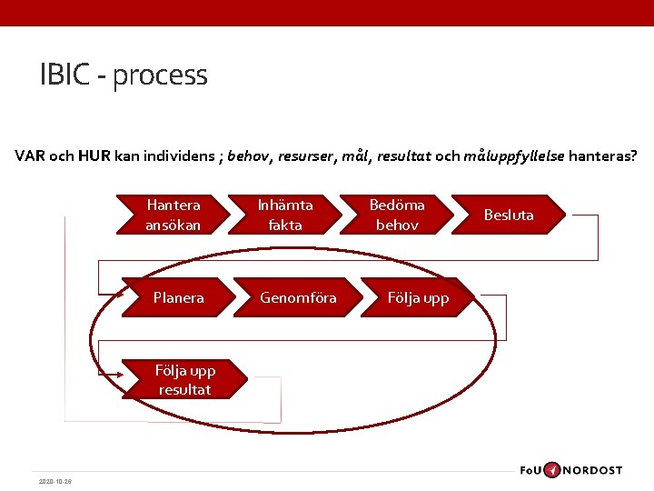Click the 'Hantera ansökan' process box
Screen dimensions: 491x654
tap(173, 215)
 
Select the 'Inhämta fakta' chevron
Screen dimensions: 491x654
tap(285, 215)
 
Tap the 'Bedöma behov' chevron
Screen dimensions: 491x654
tap(397, 215)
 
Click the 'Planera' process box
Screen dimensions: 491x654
tap(178, 297)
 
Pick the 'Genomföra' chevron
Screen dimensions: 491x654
tap(298, 297)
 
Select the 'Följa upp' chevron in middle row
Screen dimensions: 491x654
tap(418, 297)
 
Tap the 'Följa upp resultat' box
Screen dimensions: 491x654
tap(183, 380)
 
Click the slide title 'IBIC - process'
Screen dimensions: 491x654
tap(124, 75)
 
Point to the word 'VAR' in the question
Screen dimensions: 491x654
tap(30, 155)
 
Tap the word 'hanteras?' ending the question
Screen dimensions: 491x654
tap(603, 155)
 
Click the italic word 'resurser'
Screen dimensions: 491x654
tap(307, 155)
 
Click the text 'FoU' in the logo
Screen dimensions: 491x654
tap(531, 470)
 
